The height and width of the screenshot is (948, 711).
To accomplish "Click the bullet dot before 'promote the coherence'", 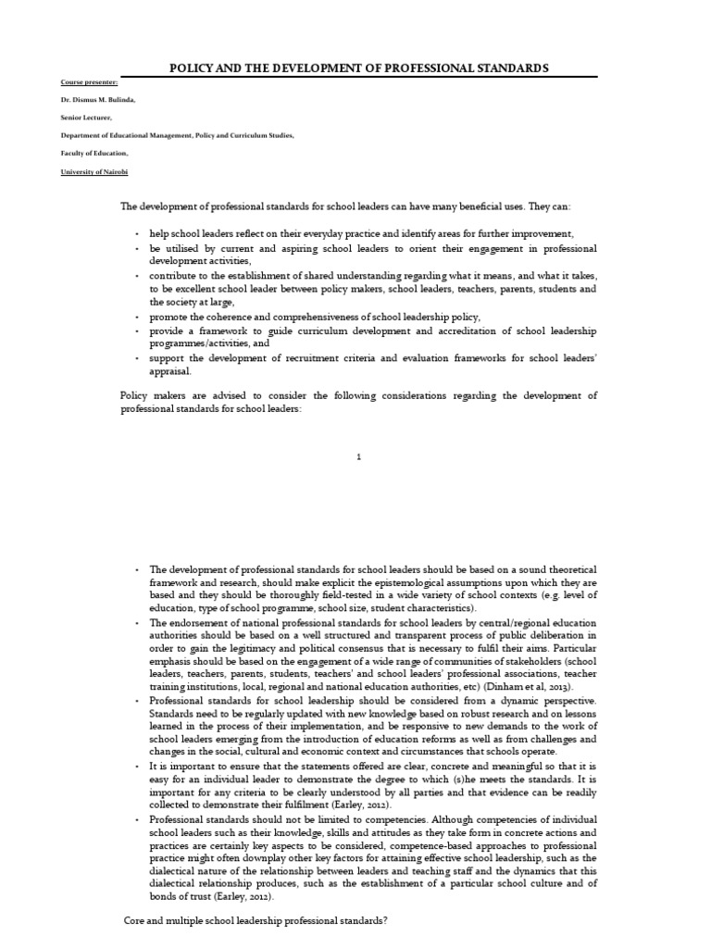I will [137, 317].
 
